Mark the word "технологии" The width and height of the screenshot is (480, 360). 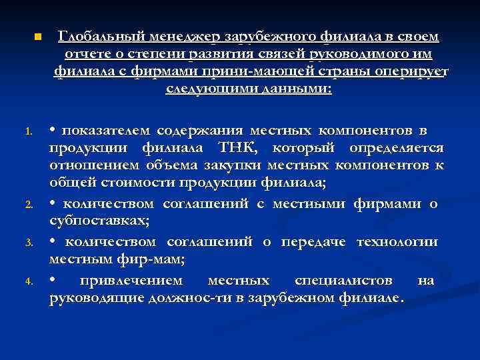397,241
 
